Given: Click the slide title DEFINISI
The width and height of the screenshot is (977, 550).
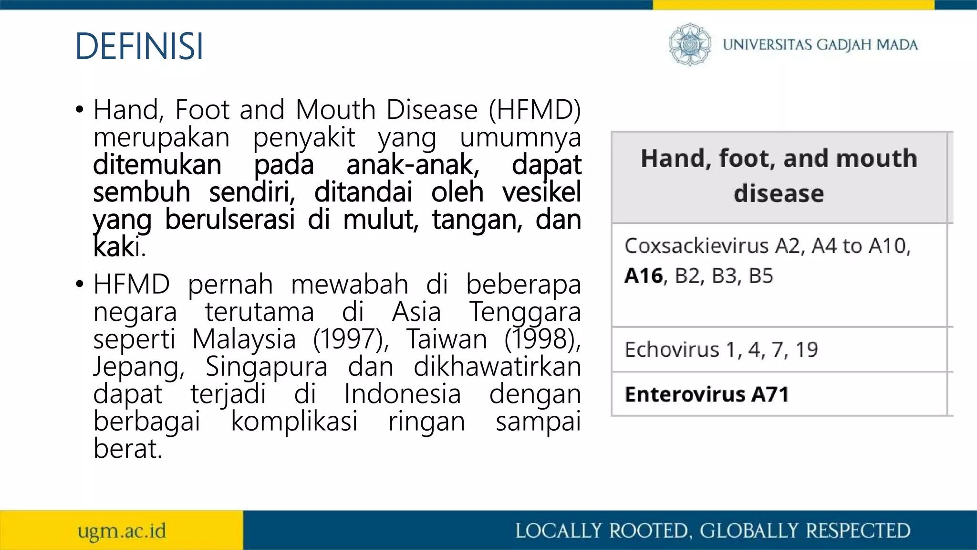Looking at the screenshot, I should (139, 46).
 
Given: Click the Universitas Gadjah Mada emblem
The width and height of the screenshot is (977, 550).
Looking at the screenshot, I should (689, 44).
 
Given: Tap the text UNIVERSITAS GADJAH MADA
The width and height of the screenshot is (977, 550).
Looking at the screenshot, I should (820, 45).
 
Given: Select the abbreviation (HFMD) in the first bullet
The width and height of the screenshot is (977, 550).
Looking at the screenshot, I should (534, 110).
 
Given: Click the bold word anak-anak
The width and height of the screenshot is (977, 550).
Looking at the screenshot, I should (413, 165).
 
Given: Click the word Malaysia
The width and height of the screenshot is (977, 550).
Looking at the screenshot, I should (244, 339).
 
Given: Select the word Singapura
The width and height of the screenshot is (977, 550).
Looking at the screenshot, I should (266, 367).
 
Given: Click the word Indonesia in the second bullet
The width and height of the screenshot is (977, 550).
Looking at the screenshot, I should (403, 394).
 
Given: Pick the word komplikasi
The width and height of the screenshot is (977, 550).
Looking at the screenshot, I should (294, 422).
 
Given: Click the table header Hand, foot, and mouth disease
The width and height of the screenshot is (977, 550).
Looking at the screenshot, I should (779, 176).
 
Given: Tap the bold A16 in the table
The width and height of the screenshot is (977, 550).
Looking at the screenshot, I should (644, 276).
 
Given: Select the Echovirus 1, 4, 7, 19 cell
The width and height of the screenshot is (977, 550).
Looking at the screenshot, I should (721, 349).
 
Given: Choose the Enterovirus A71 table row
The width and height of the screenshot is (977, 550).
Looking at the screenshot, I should (707, 394).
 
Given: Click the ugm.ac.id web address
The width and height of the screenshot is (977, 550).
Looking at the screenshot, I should (122, 531).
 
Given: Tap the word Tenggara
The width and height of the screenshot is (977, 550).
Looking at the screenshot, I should (525, 312).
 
